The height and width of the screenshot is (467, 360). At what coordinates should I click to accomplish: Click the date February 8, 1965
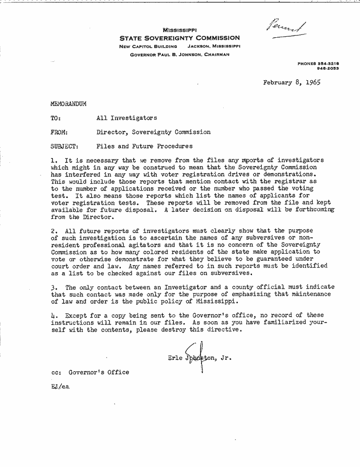pos(292,82)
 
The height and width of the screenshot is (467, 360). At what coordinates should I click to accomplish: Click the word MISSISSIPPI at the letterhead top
pos(179,30)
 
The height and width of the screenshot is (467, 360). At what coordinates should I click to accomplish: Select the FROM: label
pos(59,132)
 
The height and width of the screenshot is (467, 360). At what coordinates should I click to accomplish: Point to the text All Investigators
pos(126,118)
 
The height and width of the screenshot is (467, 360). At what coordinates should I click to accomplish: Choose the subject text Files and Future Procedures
pos(144,146)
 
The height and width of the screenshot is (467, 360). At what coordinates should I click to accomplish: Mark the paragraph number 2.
pos(53,231)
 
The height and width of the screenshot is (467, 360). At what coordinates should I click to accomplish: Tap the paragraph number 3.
pos(53,287)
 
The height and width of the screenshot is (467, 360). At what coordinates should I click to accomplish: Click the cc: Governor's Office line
pos(90,372)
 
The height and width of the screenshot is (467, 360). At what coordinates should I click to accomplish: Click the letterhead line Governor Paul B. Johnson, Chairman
pos(179,54)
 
